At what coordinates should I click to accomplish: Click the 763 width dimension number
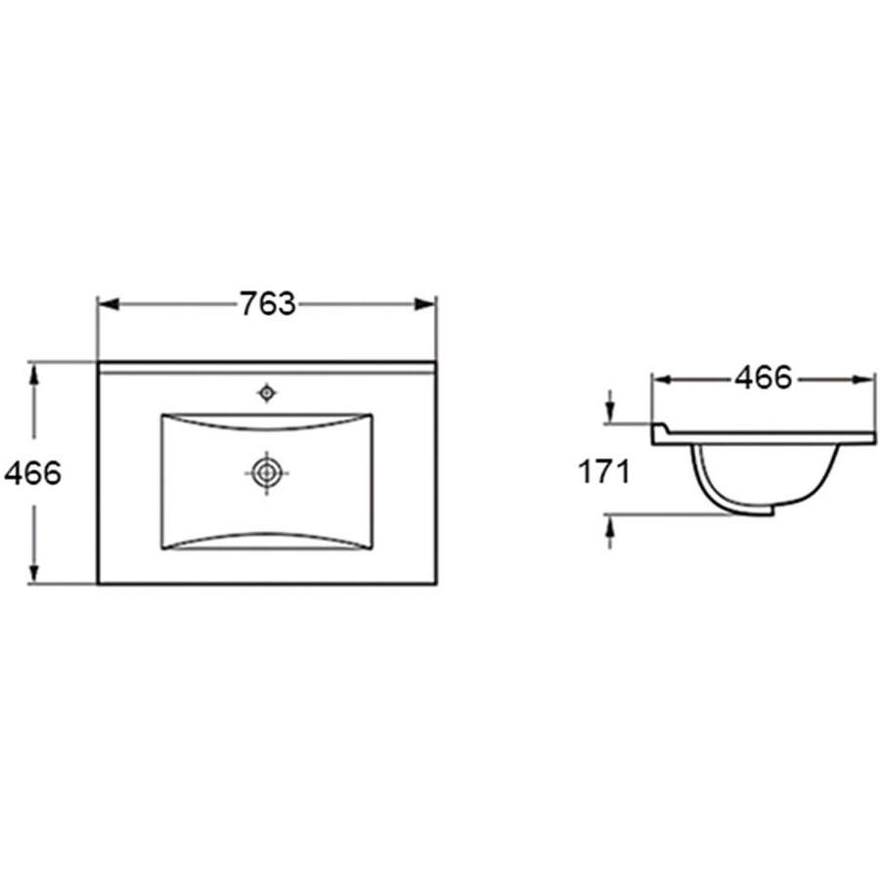[x=267, y=304]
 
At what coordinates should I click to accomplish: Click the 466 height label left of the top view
[x=32, y=473]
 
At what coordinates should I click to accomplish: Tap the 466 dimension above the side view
[x=764, y=377]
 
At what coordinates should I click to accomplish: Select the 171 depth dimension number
[x=604, y=471]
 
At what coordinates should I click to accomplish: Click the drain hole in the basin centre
[x=267, y=472]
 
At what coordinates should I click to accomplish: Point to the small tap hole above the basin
[x=267, y=393]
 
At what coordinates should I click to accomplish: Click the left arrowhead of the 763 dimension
[x=108, y=304]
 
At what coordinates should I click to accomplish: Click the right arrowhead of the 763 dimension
[x=425, y=304]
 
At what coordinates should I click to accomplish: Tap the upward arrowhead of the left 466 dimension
[x=34, y=374]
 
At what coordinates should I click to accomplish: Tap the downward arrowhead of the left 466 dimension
[x=34, y=572]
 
